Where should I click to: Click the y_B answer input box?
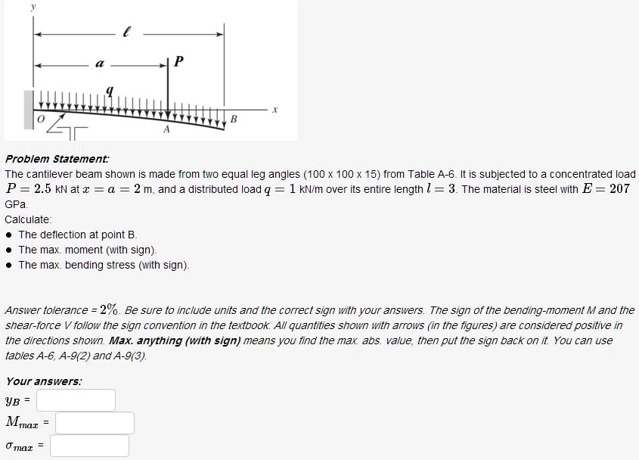pyautogui.click(x=76, y=399)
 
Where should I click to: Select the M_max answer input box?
pyautogui.click(x=95, y=423)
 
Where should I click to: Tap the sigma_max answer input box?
pyautogui.click(x=89, y=446)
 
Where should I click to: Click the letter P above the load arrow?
pyautogui.click(x=178, y=61)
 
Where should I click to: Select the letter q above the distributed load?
pyautogui.click(x=110, y=91)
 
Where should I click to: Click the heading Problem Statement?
pyautogui.click(x=57, y=159)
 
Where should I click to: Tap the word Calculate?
pyautogui.click(x=28, y=219)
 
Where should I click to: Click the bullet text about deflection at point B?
pyautogui.click(x=78, y=235)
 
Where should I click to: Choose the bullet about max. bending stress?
pyautogui.click(x=104, y=265)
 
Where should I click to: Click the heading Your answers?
pyautogui.click(x=44, y=381)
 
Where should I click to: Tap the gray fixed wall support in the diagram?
pyautogui.click(x=29, y=107)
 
